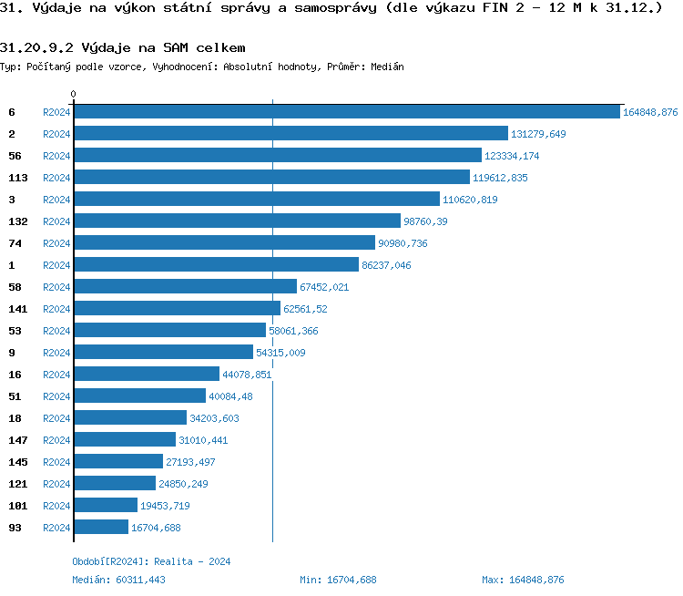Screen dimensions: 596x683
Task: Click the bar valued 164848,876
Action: pyautogui.click(x=346, y=112)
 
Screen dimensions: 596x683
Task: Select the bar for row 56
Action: pyautogui.click(x=278, y=156)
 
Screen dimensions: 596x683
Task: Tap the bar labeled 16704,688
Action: pyautogui.click(x=101, y=528)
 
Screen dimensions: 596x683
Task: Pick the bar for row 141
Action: pyautogui.click(x=177, y=309)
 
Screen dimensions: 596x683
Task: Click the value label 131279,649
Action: pyautogui.click(x=538, y=134)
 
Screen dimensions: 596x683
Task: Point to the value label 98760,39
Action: pyautogui.click(x=425, y=221)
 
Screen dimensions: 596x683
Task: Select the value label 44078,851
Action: pyautogui.click(x=247, y=375)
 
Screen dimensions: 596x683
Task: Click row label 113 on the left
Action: pyautogui.click(x=18, y=178)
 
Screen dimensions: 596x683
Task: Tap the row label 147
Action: pyautogui.click(x=18, y=440)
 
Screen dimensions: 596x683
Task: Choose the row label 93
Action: pyautogui.click(x=15, y=528)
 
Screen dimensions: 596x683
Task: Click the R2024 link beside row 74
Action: pyautogui.click(x=56, y=243)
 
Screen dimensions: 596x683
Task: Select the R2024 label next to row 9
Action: pyautogui.click(x=56, y=353)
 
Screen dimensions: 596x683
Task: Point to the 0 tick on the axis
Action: pyautogui.click(x=74, y=94)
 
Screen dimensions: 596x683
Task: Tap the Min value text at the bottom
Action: pyautogui.click(x=338, y=580)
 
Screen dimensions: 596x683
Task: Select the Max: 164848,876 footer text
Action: pyautogui.click(x=523, y=580)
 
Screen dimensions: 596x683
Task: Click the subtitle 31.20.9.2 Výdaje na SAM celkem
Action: pyautogui.click(x=123, y=47)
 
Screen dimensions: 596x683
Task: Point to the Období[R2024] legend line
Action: pyautogui.click(x=151, y=561)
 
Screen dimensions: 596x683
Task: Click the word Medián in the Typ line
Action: pyautogui.click(x=387, y=67)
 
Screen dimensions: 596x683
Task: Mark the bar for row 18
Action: pyautogui.click(x=130, y=418)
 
